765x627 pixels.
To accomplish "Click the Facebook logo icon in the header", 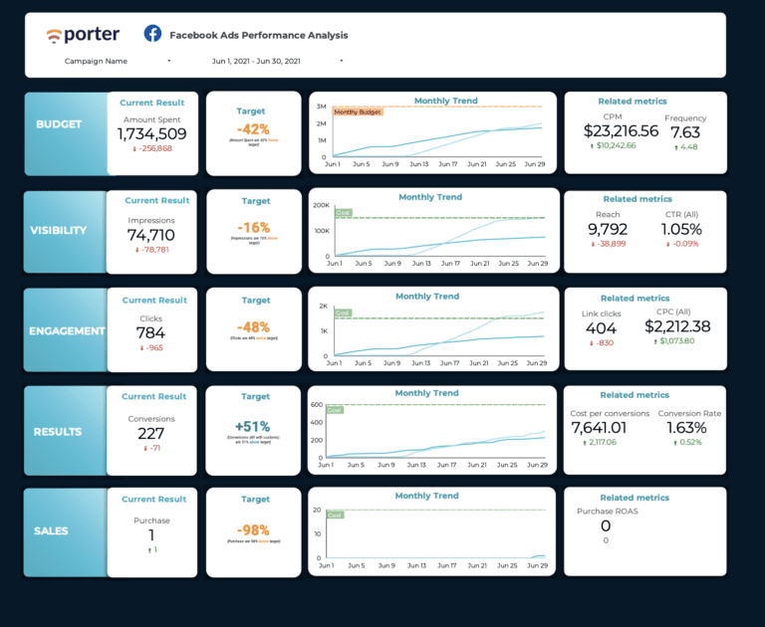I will click(x=153, y=35).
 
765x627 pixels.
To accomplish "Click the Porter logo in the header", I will click(x=83, y=35).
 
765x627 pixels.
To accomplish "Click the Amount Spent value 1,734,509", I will click(x=151, y=133).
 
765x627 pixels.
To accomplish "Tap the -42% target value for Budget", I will click(x=252, y=128).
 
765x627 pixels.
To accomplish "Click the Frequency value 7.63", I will click(x=684, y=131).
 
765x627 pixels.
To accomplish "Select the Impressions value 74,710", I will click(x=151, y=235).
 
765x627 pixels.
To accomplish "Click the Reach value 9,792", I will click(x=608, y=229).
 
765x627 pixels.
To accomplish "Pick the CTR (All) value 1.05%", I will click(x=680, y=229).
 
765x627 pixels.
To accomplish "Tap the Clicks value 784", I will click(x=151, y=332).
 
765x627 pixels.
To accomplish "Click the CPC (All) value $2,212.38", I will click(x=676, y=326).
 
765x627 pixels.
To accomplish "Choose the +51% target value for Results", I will click(x=252, y=427).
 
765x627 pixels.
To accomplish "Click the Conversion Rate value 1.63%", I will click(x=686, y=428).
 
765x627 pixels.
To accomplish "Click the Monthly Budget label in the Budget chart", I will click(x=359, y=112).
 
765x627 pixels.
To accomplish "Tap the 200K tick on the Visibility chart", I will click(x=321, y=205).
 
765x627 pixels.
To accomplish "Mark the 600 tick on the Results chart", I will click(x=318, y=405).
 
